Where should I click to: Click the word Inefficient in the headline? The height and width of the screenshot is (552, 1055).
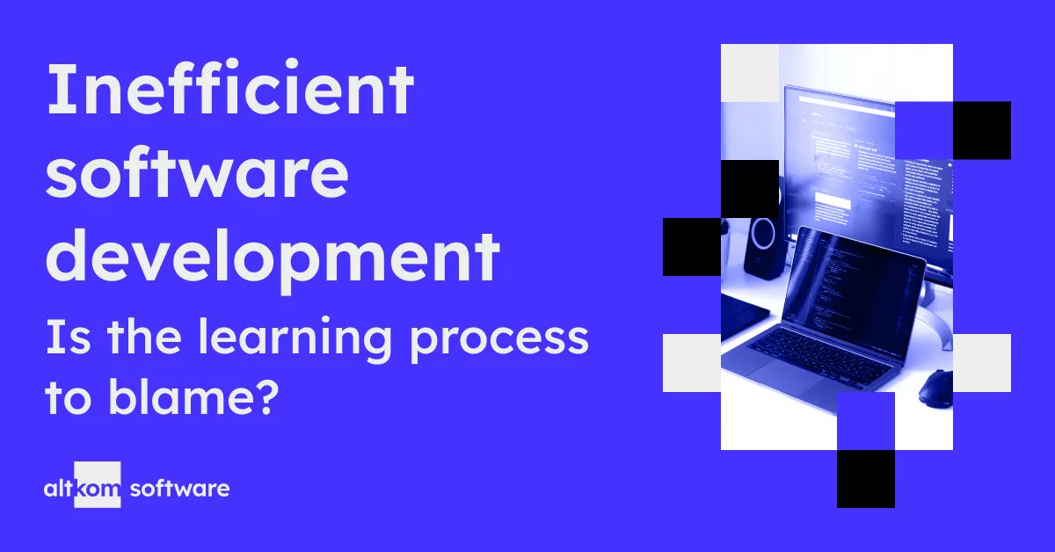[229, 92]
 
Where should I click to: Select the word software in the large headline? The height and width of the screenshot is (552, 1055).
[197, 176]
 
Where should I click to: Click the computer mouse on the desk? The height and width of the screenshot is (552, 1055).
[935, 388]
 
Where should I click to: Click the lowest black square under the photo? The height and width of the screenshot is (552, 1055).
[865, 478]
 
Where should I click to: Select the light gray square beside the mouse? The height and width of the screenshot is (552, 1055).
[981, 362]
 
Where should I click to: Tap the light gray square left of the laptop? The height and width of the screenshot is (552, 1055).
[691, 362]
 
